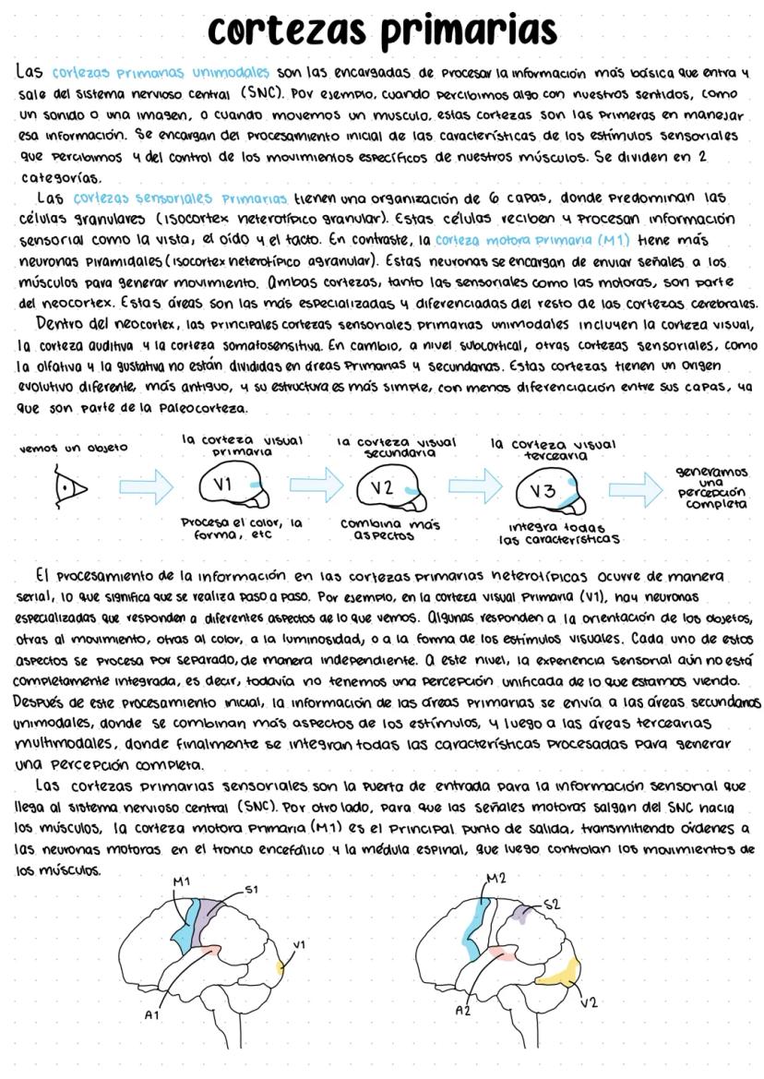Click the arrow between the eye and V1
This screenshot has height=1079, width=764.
click(x=147, y=486)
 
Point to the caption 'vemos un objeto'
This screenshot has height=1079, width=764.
click(x=73, y=448)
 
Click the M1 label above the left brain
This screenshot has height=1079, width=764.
click(x=181, y=881)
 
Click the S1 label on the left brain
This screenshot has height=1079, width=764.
click(x=252, y=890)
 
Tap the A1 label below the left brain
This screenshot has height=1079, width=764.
click(x=152, y=1013)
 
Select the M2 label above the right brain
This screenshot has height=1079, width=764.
click(x=496, y=877)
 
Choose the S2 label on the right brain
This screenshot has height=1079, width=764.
click(x=551, y=905)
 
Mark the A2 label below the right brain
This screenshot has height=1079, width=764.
click(x=464, y=1011)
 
